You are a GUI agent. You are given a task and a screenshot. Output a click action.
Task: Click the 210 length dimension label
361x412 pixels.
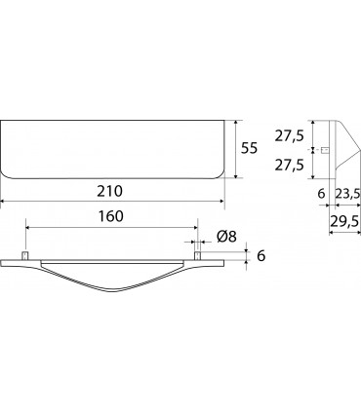[x=110, y=191]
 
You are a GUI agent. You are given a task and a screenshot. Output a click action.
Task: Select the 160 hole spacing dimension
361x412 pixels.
[x=111, y=216]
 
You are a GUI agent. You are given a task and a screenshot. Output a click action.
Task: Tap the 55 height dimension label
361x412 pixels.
[x=249, y=148]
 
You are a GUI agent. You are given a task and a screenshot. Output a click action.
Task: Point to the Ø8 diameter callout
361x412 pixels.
[x=226, y=237]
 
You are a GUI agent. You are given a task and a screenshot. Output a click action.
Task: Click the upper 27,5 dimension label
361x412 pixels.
[x=289, y=136]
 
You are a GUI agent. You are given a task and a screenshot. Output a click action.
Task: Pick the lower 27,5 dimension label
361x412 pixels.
[x=289, y=166]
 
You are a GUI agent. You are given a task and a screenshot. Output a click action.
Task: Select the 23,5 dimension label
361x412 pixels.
[x=347, y=194]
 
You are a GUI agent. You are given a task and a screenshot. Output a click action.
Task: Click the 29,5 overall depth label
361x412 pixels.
[x=344, y=222]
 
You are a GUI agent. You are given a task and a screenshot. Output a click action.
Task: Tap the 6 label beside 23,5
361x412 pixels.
[x=321, y=194]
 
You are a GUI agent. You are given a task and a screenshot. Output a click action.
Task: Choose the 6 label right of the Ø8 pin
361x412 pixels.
[x=261, y=256]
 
